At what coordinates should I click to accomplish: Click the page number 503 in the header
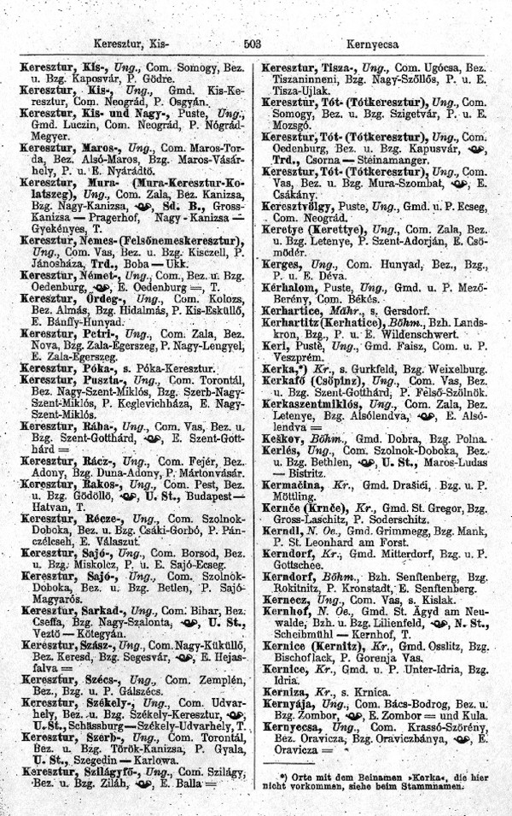[252, 41]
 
